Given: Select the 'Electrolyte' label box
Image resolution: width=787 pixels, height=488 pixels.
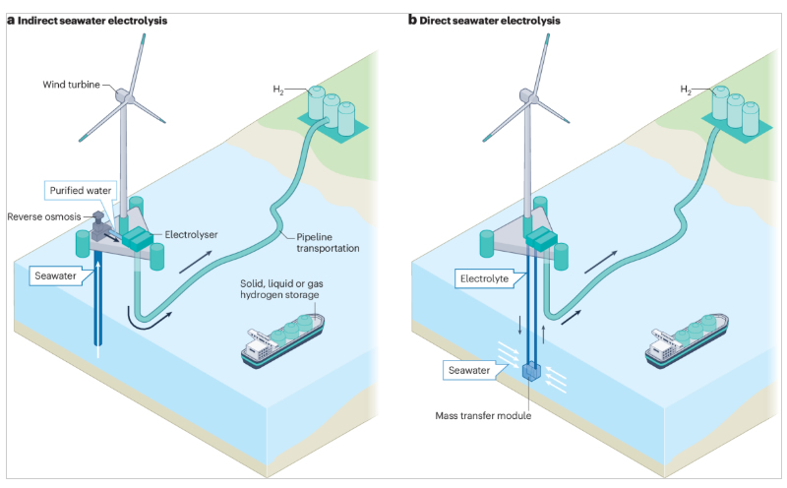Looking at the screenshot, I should coord(482,278).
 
